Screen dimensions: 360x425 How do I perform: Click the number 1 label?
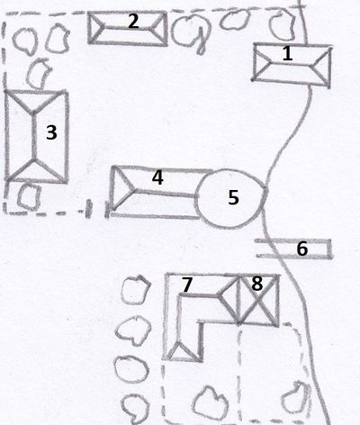pyautogui.click(x=287, y=54)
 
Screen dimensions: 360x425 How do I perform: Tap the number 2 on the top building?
pyautogui.click(x=133, y=22)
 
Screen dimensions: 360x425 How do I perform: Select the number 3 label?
pyautogui.click(x=51, y=132)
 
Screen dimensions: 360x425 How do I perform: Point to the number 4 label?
pyautogui.click(x=157, y=177)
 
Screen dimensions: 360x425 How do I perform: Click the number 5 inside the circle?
pyautogui.click(x=233, y=197)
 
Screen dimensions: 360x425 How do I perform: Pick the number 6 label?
pyautogui.click(x=302, y=249)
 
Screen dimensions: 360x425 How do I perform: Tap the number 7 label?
pyautogui.click(x=186, y=285)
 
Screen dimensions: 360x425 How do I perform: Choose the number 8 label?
pyautogui.click(x=256, y=284)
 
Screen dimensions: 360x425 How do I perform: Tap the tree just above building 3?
pyautogui.click(x=38, y=74)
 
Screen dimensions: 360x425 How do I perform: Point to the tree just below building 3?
pyautogui.click(x=29, y=195)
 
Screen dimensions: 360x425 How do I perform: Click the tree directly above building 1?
pyautogui.click(x=281, y=24)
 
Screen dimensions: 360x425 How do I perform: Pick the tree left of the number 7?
pyautogui.click(x=136, y=290)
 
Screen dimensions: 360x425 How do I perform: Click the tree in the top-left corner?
pyautogui.click(x=25, y=41)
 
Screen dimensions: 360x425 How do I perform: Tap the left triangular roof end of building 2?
pyautogui.click(x=95, y=28)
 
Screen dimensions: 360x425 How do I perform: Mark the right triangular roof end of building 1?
pyautogui.click(x=323, y=67)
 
